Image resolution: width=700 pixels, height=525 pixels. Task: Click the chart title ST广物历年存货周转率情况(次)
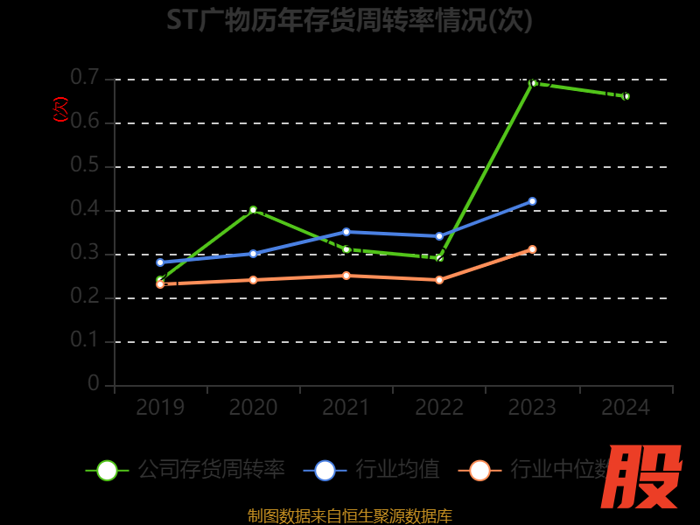[x=349, y=20]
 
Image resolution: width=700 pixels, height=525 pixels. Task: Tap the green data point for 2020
[x=253, y=210]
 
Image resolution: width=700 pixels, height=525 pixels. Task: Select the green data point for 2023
[x=533, y=83]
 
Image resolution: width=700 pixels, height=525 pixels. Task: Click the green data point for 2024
[x=626, y=96]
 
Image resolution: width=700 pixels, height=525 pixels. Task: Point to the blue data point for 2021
[x=346, y=232]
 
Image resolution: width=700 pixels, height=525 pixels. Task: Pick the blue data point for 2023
[x=532, y=201]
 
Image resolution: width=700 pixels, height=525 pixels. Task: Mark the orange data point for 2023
[x=532, y=249]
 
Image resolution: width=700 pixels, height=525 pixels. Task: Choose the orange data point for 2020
[x=253, y=280]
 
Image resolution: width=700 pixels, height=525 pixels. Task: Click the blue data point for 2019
[x=160, y=262]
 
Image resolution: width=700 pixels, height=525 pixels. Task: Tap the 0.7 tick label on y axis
[x=85, y=78]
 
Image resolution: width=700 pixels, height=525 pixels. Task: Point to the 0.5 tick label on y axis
[x=85, y=165]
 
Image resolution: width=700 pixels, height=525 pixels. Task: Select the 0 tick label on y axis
[x=94, y=384]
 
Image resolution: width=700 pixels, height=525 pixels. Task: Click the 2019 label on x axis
[x=160, y=408]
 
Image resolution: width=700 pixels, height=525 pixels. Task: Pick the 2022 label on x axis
[x=439, y=408]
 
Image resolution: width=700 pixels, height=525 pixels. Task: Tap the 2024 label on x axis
[x=626, y=408]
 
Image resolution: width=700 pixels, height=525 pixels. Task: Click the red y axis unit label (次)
[x=60, y=109]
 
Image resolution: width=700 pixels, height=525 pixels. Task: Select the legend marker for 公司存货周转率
[x=107, y=470]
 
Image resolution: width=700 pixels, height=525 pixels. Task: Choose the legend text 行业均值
[x=397, y=470]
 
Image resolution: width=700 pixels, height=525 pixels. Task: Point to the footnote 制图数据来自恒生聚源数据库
[x=349, y=515]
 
